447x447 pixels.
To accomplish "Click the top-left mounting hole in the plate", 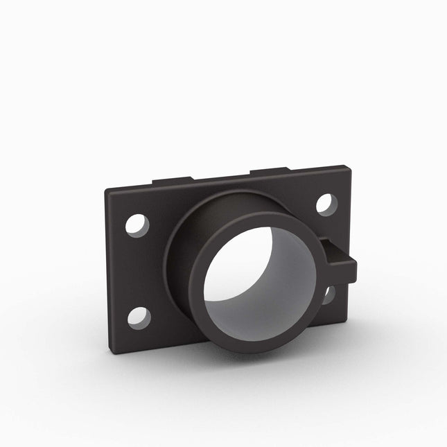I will [137, 226].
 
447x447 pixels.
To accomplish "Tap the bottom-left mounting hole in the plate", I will [139, 317].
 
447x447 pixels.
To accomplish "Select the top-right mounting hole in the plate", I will [327, 204].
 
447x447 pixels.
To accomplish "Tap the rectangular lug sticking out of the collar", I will [340, 261].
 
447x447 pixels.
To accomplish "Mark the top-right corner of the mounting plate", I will [344, 167].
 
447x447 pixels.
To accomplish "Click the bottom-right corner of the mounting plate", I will [347, 320].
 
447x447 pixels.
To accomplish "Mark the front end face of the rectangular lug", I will [351, 273].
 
